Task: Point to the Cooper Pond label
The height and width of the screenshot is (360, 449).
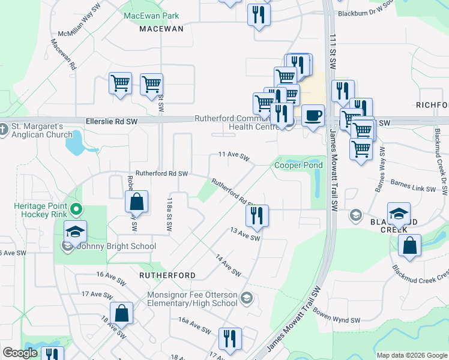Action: tap(298, 165)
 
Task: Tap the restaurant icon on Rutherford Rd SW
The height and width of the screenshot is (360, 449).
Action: tap(257, 215)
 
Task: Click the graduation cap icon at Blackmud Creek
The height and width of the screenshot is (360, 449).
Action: tap(399, 214)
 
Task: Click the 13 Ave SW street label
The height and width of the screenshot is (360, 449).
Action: tap(246, 234)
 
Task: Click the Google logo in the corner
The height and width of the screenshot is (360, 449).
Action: tap(20, 353)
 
